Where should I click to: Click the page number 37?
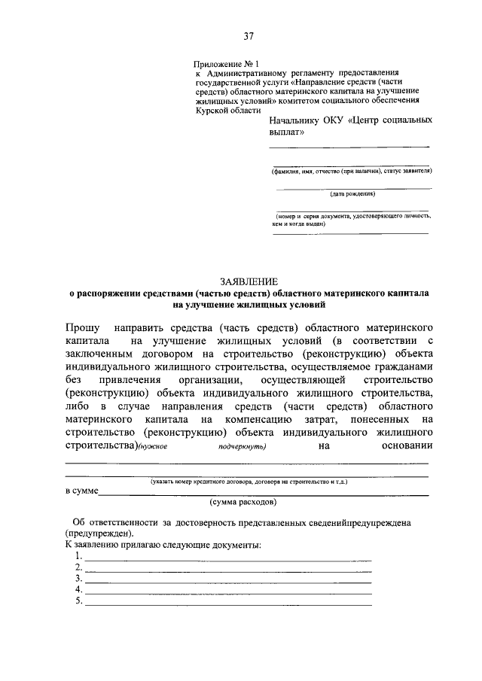[249, 36]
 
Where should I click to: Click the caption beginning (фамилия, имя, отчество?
[351, 171]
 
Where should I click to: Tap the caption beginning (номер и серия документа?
[352, 217]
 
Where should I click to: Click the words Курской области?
[223, 109]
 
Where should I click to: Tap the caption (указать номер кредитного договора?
[248, 479]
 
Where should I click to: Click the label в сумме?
[82, 492]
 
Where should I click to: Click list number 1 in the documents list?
[78, 556]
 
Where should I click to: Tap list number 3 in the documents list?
[78, 578]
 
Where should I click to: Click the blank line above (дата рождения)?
[351, 187]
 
